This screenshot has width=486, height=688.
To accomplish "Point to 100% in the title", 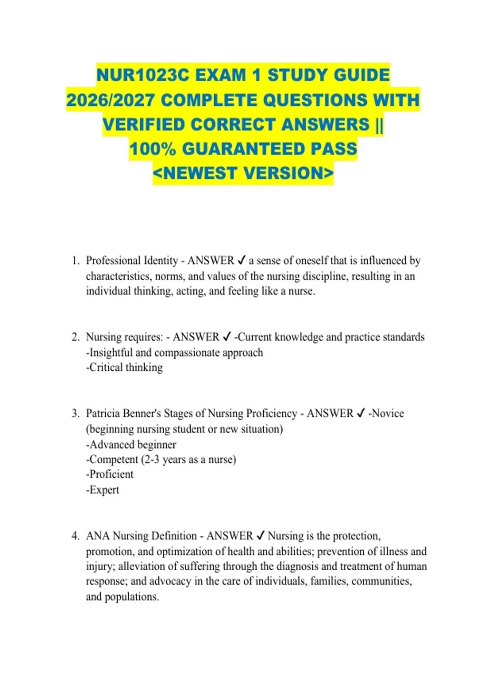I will tap(153, 149).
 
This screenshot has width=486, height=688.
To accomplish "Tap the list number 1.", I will tap(75, 261).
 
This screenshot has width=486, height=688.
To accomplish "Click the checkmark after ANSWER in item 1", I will tap(241, 261).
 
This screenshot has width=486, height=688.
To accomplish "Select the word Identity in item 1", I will tap(159, 261).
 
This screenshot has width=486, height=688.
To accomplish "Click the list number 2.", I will tap(75, 337).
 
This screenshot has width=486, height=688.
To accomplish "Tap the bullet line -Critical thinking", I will tap(124, 367).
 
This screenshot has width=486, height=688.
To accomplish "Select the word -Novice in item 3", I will tap(386, 413).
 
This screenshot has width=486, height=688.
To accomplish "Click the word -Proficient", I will tap(110, 474).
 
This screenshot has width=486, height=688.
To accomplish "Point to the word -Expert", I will tap(103, 490).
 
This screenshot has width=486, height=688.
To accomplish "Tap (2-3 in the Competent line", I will tap(150, 459).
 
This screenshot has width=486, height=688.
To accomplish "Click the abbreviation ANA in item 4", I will tap(98, 536).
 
